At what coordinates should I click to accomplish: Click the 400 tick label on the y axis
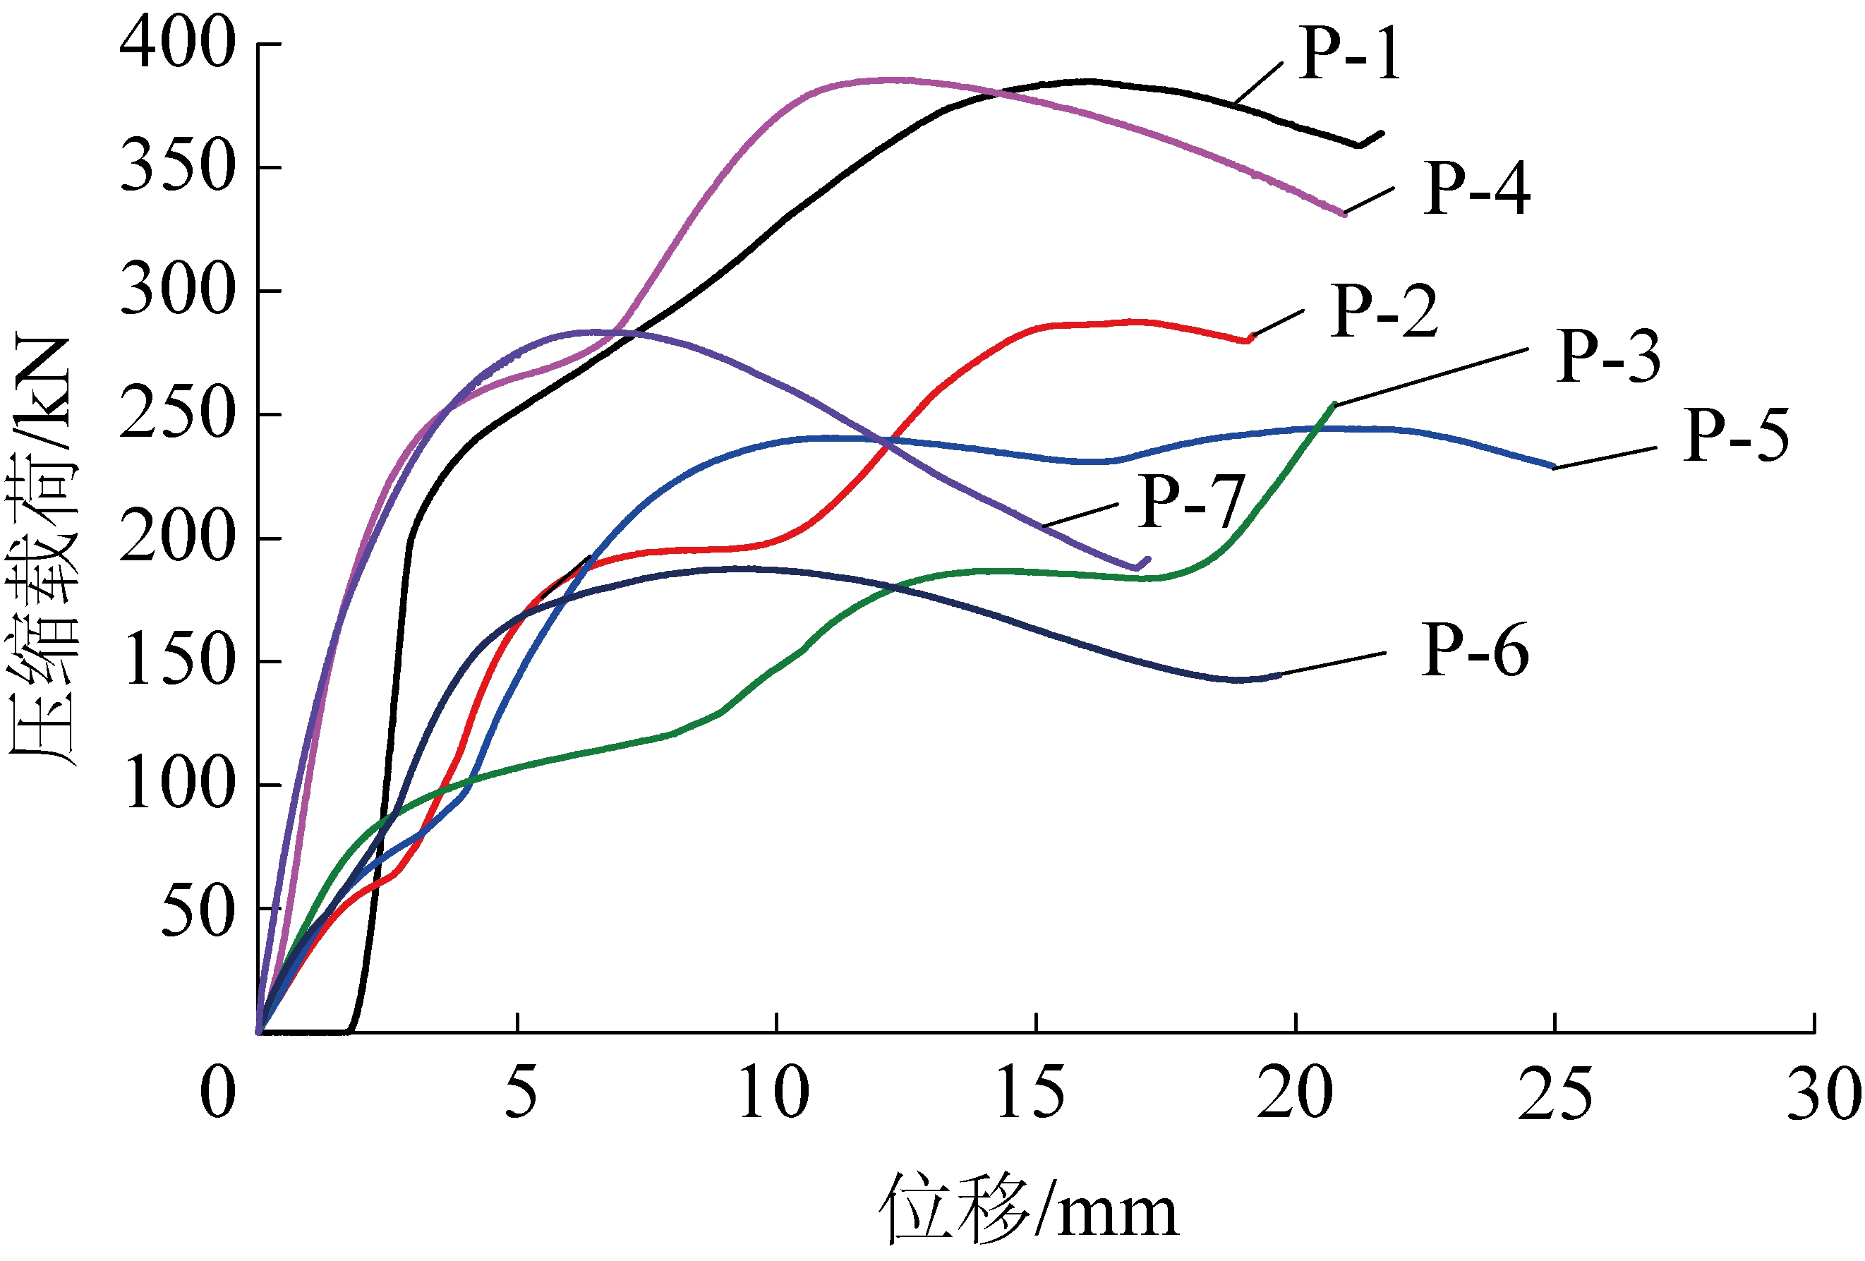pyautogui.click(x=177, y=44)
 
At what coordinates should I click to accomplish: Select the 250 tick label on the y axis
pyautogui.click(x=177, y=415)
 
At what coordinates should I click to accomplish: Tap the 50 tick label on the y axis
pyautogui.click(x=198, y=912)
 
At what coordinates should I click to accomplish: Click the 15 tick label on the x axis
pyautogui.click(x=1030, y=1093)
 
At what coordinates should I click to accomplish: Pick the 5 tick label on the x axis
pyautogui.click(x=520, y=1093)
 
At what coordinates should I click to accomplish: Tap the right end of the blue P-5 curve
pyautogui.click(x=1555, y=466)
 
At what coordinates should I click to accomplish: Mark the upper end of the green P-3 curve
pyautogui.click(x=1334, y=404)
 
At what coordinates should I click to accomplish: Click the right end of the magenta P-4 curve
pyautogui.click(x=1344, y=214)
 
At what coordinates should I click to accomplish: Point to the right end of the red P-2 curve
pyautogui.click(x=1249, y=339)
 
